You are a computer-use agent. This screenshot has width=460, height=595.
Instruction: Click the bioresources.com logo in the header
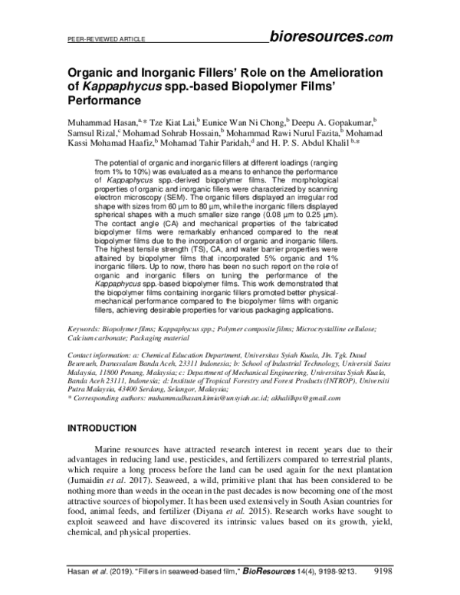click(331, 36)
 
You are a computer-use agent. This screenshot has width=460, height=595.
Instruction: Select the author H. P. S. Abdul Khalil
click(313, 145)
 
